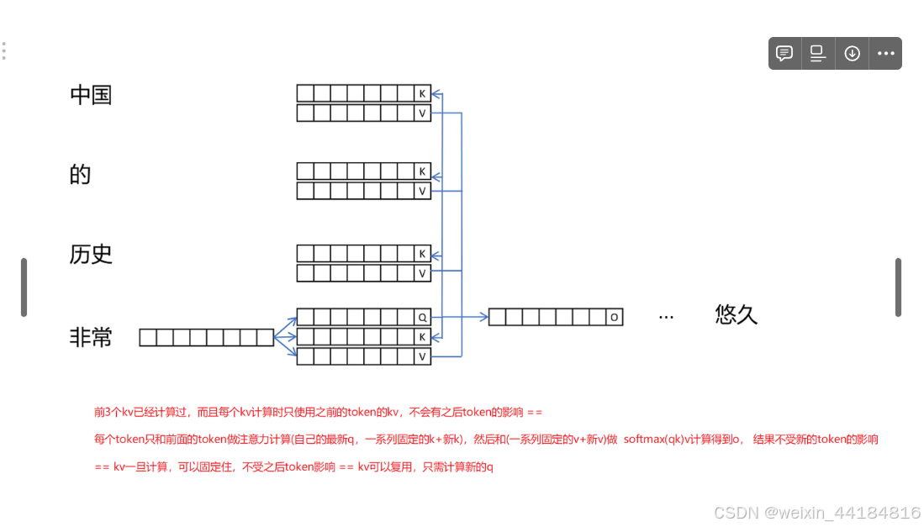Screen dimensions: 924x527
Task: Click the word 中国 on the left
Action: tap(91, 94)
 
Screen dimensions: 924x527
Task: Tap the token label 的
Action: tap(80, 175)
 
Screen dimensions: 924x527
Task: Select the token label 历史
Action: tap(91, 254)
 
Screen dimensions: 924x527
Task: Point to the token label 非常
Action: tap(91, 338)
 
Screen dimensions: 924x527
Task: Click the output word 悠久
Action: tap(737, 314)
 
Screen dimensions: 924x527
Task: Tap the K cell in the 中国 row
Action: tap(422, 93)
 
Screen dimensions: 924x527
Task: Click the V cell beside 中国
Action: tap(422, 113)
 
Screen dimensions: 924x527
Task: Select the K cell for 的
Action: tap(422, 171)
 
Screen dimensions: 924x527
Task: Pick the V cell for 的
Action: tap(422, 191)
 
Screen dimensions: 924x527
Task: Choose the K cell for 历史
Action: tap(422, 253)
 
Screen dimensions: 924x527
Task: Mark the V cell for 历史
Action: tap(422, 273)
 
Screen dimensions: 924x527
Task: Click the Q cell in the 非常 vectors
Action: tap(422, 317)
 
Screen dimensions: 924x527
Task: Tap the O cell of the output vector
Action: tap(615, 317)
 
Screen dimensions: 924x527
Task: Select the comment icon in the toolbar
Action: tap(784, 53)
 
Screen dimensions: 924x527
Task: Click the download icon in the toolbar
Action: tap(852, 53)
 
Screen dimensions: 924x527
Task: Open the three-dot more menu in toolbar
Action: tap(886, 53)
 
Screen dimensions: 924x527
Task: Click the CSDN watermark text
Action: tap(816, 512)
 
